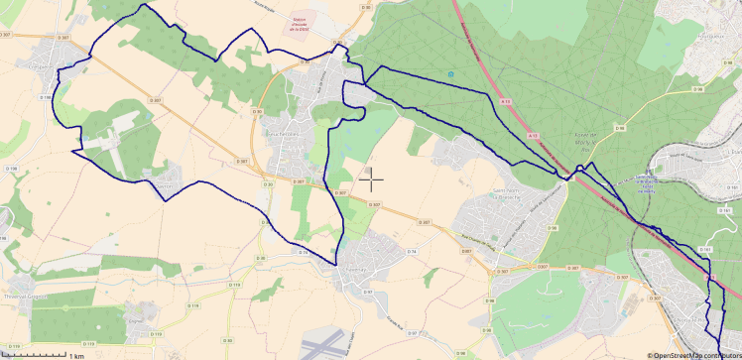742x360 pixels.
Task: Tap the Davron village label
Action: tap(165, 184)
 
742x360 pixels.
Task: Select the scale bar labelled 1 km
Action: tap(45, 352)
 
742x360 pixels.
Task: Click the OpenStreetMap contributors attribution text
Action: tap(693, 354)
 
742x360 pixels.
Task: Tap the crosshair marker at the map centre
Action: tap(371, 180)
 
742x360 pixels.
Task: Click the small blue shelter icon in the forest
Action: tap(452, 74)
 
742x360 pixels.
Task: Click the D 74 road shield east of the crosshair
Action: tap(409, 252)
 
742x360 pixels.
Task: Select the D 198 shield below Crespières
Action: tap(44, 97)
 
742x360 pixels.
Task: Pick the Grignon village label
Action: tap(137, 320)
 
